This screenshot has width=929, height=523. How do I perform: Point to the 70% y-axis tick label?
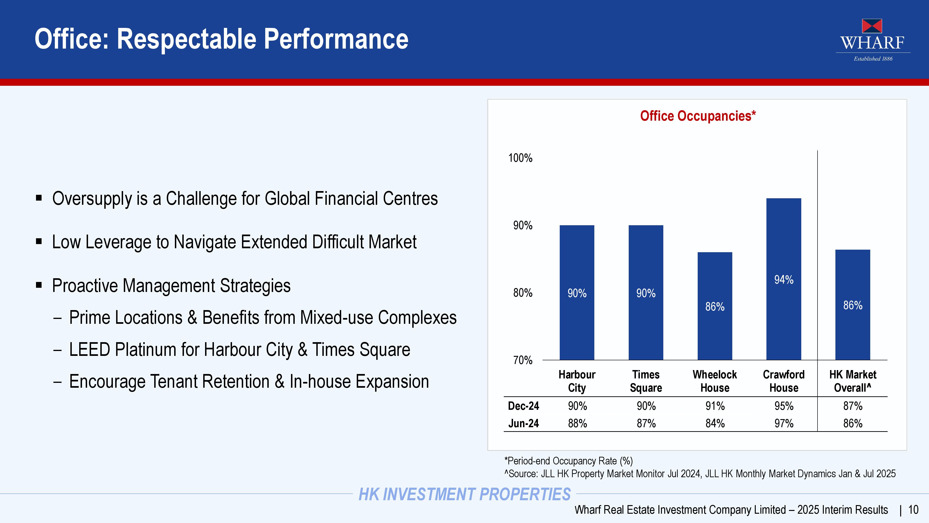(523, 360)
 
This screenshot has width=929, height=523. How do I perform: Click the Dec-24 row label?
(523, 406)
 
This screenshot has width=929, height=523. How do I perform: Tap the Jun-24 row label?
(523, 423)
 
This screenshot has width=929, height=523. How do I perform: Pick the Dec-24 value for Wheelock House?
(715, 406)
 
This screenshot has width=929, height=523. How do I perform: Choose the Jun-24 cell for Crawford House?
(784, 423)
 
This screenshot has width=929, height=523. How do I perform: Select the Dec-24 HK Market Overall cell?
(853, 406)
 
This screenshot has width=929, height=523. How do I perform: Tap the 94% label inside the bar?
(784, 280)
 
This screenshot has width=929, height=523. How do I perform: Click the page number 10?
(913, 510)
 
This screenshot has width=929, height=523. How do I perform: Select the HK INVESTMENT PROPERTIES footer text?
(464, 494)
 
